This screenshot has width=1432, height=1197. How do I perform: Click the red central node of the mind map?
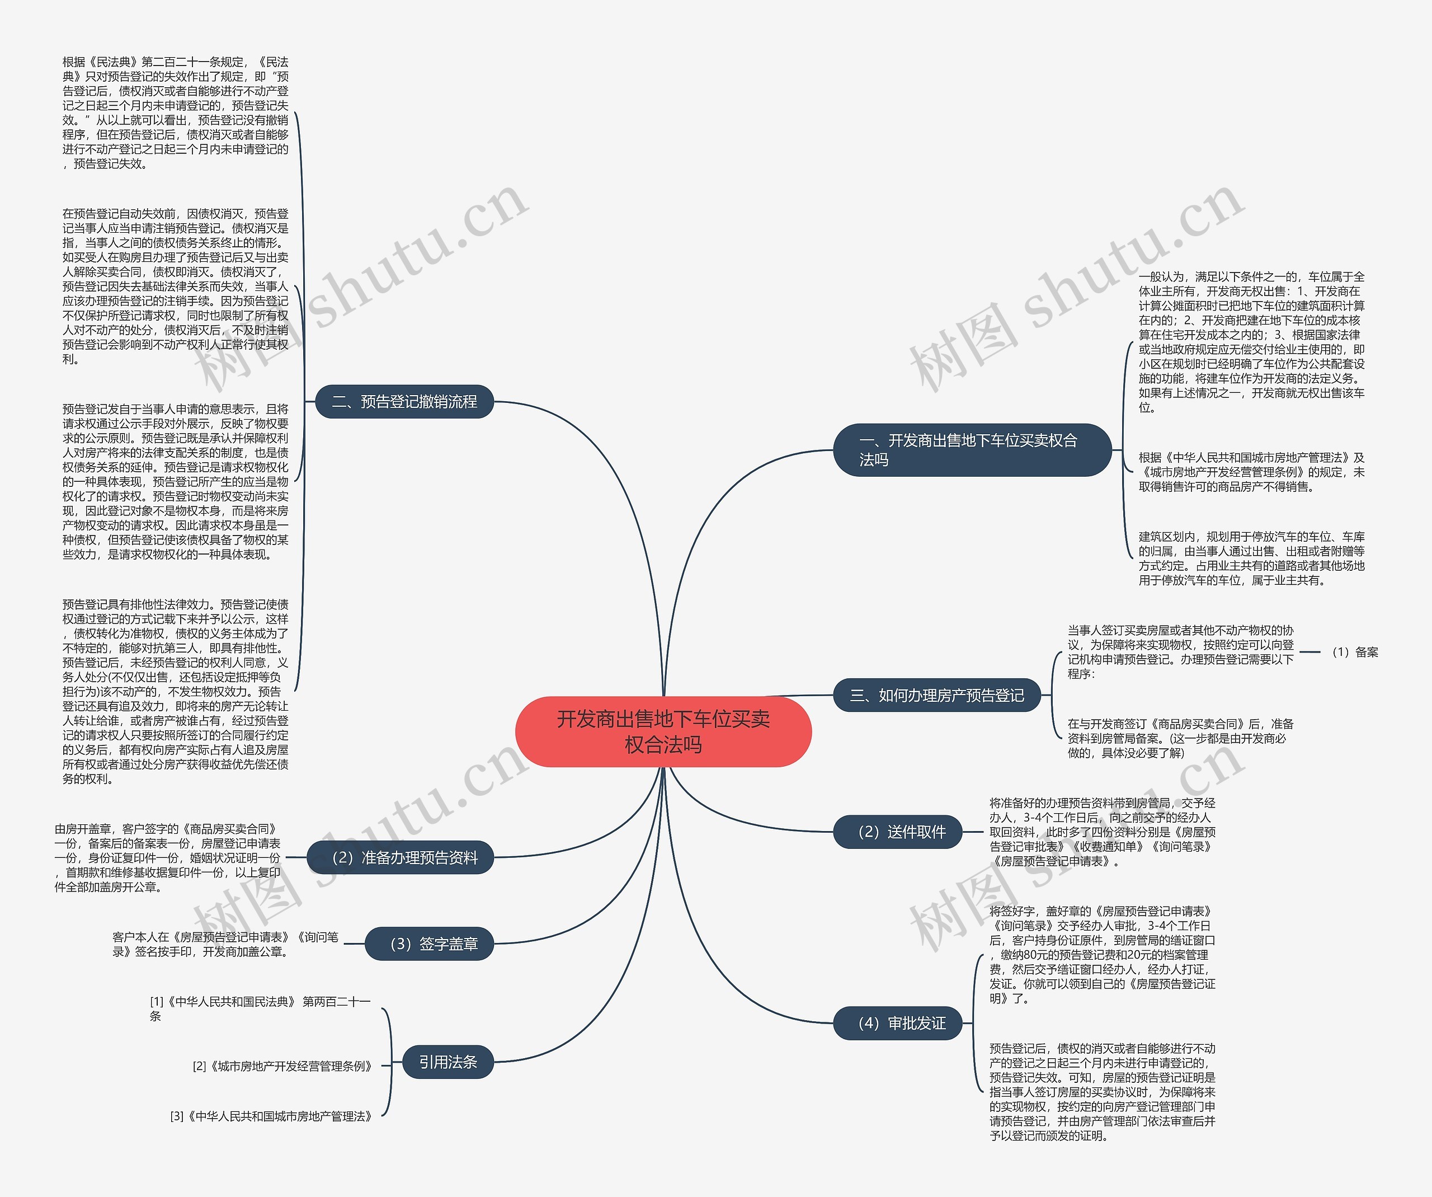663,731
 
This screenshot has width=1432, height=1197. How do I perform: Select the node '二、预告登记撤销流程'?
404,401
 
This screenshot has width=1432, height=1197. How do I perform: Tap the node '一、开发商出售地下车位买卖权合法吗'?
971,450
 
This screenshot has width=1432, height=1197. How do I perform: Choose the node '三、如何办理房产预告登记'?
937,695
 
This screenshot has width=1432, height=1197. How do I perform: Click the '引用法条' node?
447,1062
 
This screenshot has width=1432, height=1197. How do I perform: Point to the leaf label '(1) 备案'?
1354,652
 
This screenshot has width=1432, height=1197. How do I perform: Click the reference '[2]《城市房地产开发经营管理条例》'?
282,1066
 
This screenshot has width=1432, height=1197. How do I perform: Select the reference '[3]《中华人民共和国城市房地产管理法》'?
271,1116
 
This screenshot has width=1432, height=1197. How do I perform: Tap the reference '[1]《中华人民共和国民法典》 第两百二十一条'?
259,1008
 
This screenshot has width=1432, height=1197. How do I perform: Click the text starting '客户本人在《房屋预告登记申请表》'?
225,944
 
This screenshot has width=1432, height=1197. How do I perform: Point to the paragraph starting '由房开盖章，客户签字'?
168,857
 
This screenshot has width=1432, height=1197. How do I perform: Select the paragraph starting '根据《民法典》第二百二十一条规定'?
175,112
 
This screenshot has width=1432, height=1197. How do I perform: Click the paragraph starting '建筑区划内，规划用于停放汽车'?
1251,558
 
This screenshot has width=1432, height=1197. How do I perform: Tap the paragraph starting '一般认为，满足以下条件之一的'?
1251,342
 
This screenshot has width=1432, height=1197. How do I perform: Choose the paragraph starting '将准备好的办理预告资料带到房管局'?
1102,832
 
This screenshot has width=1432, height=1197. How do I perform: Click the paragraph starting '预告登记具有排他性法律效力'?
175,691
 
